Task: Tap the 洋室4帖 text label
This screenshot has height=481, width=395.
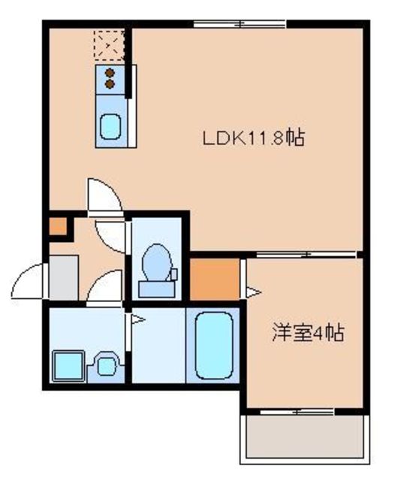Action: tap(308, 333)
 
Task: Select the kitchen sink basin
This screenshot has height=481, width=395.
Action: tap(111, 124)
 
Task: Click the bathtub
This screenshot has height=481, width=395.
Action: tap(213, 345)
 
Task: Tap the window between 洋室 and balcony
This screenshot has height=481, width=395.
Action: tap(303, 411)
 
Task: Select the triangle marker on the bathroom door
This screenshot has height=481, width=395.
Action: tap(138, 321)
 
